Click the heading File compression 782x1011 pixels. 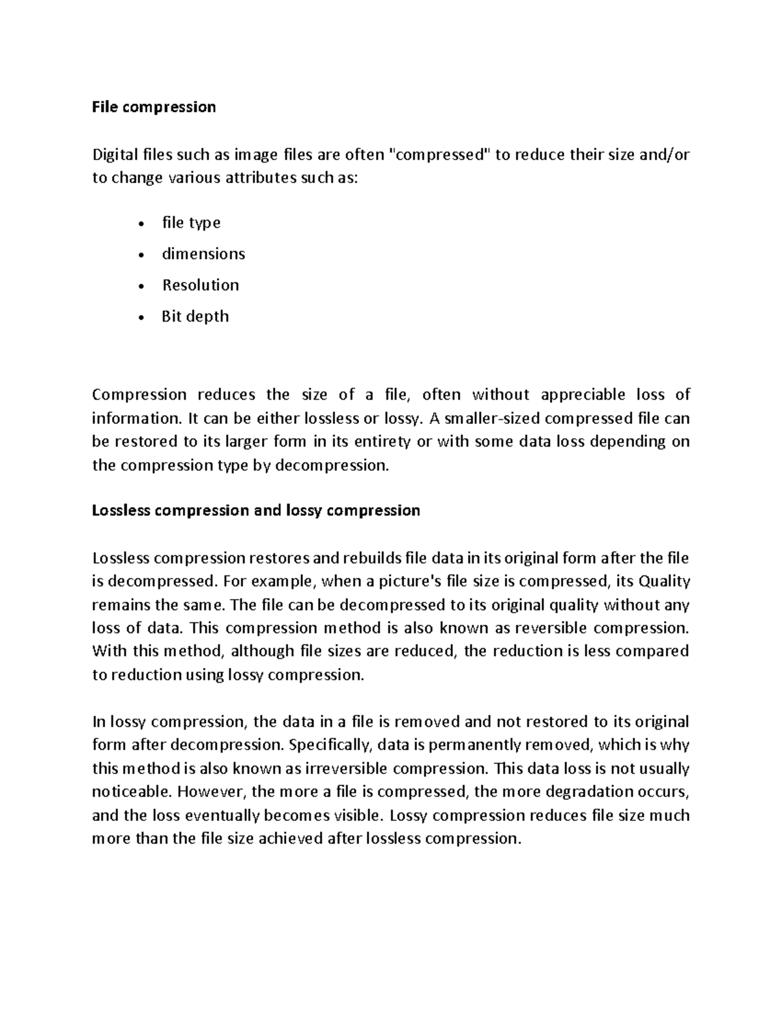click(x=154, y=107)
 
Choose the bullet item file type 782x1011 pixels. click(x=191, y=223)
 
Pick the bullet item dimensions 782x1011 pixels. click(x=203, y=254)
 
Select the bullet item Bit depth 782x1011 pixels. click(x=195, y=316)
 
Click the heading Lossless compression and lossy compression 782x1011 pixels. click(x=256, y=510)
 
